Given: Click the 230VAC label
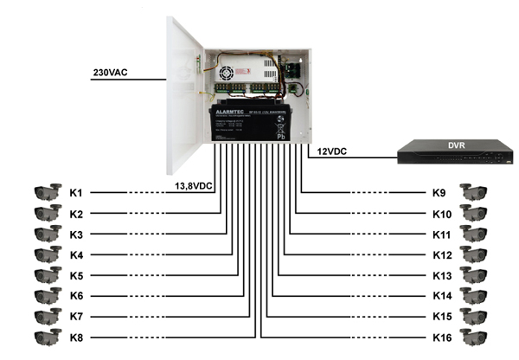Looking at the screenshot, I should coord(110,74).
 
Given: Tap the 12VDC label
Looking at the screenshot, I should coord(332,152).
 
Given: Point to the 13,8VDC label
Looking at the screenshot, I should coord(194,184).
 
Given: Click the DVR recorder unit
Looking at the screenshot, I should coord(453,154).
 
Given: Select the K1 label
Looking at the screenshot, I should coord(76,192).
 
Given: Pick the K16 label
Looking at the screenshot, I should coord(443,337).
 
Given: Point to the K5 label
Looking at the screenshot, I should coord(76,275).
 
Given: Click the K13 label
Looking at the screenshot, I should coord(443,275).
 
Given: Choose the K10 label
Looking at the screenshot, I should coord(443,213).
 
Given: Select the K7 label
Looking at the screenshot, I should coord(76,317).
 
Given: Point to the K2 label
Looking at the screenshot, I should coord(76,213).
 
